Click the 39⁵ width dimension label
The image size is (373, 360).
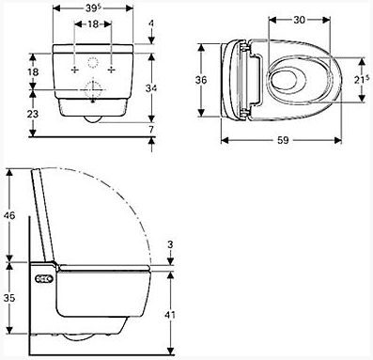93,8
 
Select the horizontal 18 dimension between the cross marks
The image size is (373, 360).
93,24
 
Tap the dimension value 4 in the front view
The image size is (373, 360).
151,23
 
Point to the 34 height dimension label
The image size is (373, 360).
151,88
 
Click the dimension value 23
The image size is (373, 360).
33,114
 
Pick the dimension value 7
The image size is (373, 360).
151,129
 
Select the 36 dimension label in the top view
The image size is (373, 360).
201,80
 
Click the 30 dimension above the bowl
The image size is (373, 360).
299,20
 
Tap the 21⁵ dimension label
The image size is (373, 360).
361,80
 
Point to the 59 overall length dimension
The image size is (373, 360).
283,140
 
